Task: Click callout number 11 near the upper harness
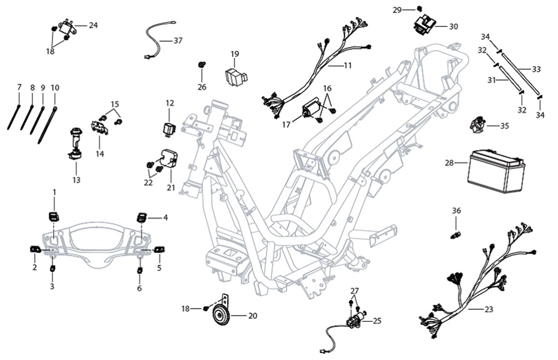348,65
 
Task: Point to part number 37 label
178,41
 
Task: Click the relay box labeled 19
235,75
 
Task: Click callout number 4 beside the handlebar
165,218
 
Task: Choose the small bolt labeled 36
456,234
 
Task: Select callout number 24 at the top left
93,25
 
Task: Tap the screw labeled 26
201,65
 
